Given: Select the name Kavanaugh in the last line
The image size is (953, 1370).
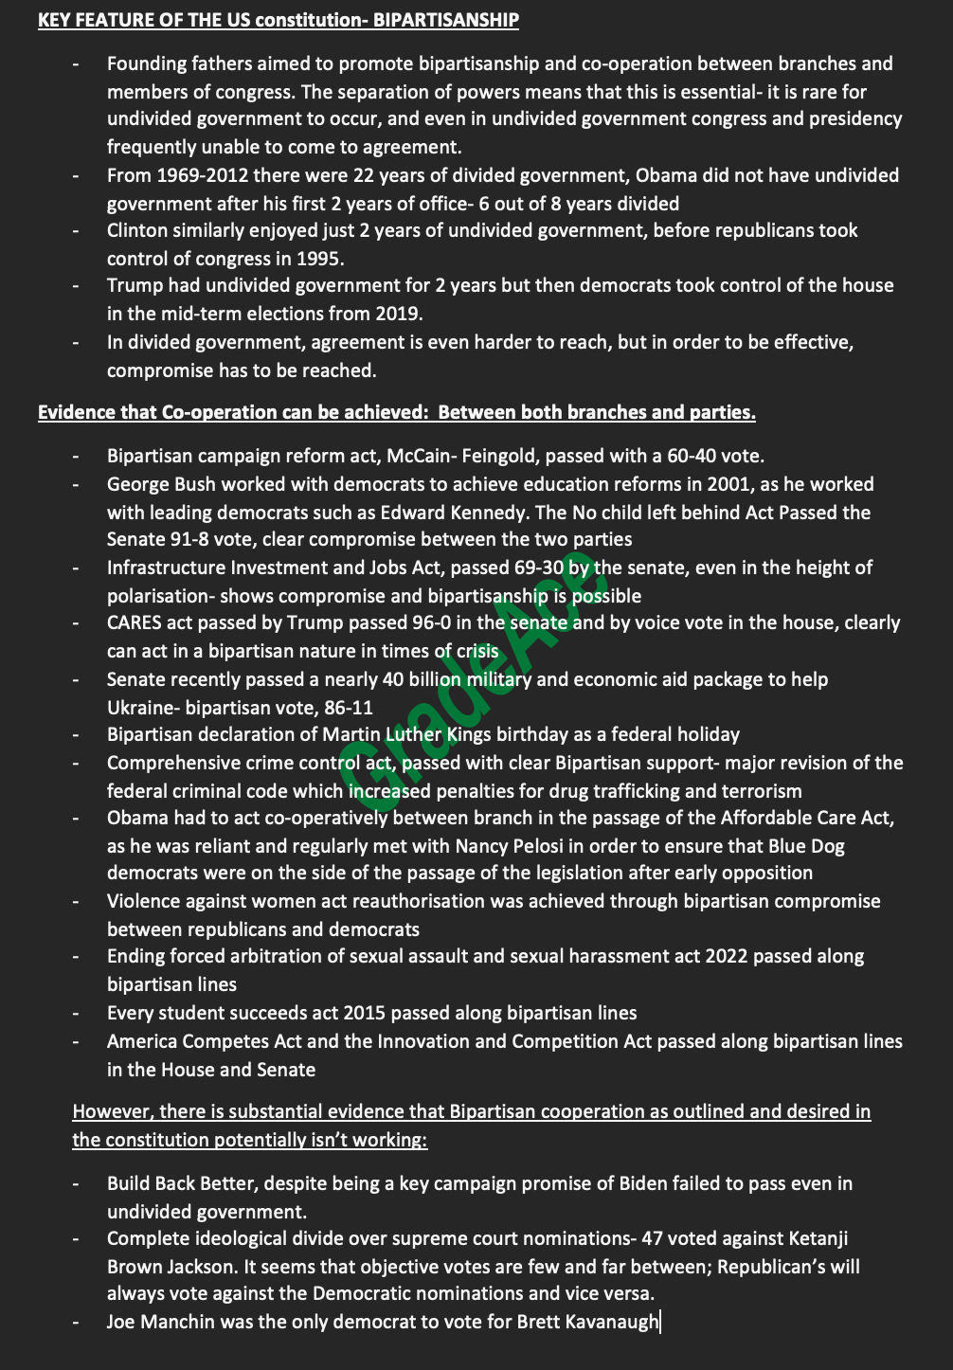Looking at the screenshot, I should click(x=612, y=1322).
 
